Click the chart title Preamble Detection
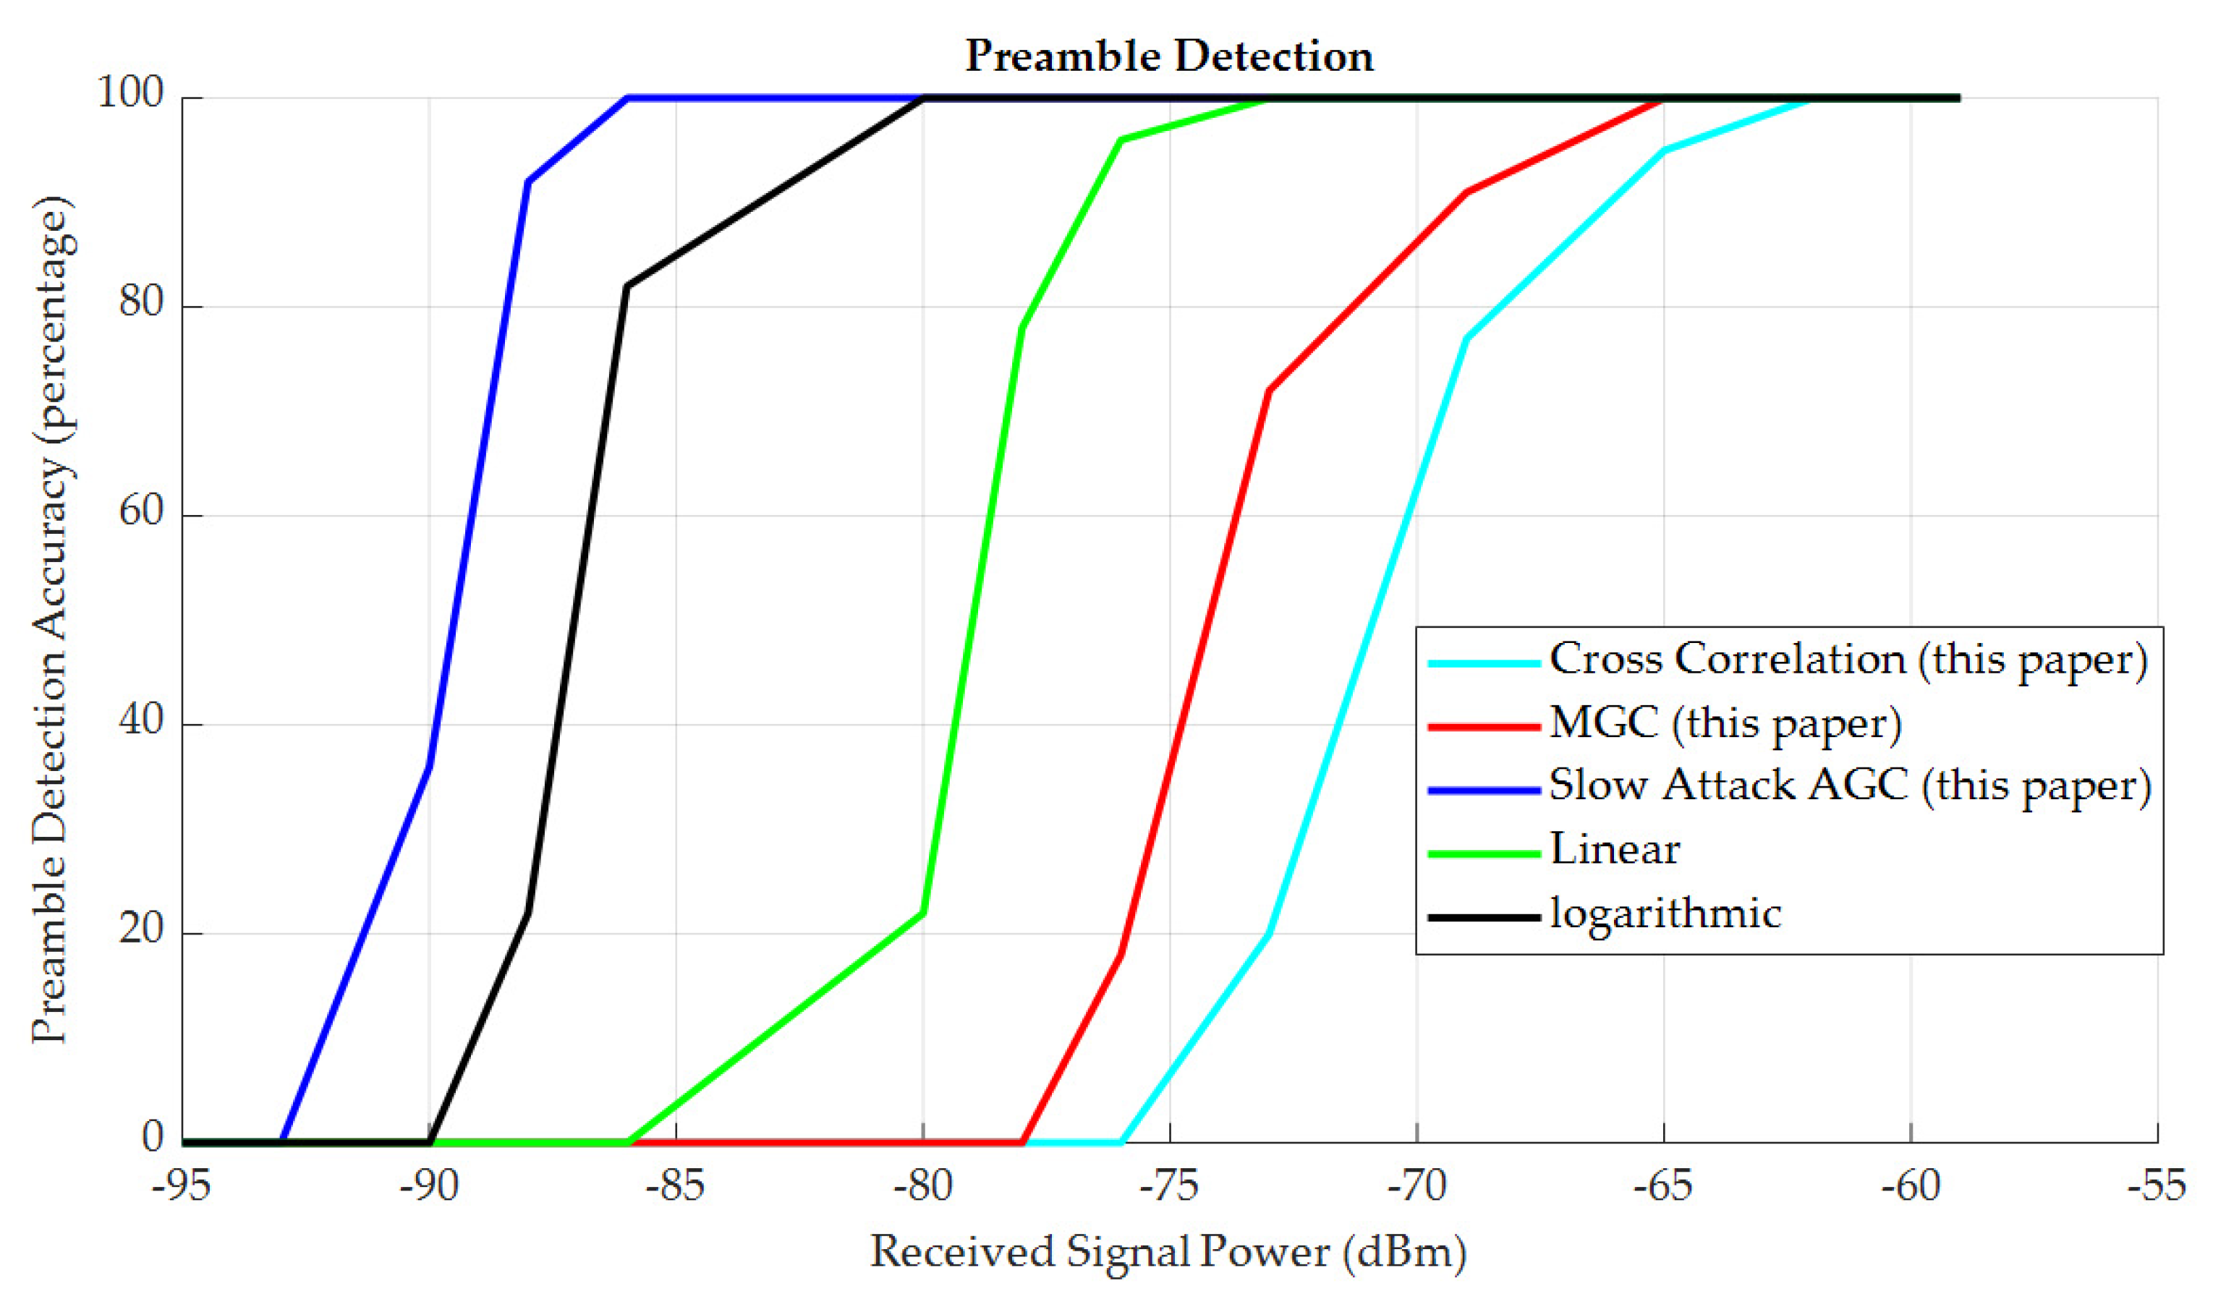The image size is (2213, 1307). pyautogui.click(x=1168, y=56)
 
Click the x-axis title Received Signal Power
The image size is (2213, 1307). pyautogui.click(x=1168, y=1251)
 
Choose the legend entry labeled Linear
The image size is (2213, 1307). pyautogui.click(x=1613, y=850)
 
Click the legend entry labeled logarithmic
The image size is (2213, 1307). pyautogui.click(x=1665, y=914)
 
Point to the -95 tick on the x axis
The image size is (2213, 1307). pyautogui.click(x=182, y=1186)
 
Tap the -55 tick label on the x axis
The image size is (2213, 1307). pyautogui.click(x=2157, y=1186)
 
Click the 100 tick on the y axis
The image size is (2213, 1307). pyautogui.click(x=130, y=93)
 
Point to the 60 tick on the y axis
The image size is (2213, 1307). pyautogui.click(x=142, y=511)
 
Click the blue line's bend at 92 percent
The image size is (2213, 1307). pyautogui.click(x=527, y=182)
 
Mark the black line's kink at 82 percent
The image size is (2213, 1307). pyautogui.click(x=626, y=286)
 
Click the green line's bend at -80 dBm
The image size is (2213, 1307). pyautogui.click(x=923, y=912)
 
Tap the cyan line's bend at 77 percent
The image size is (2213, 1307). pyautogui.click(x=1466, y=339)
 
